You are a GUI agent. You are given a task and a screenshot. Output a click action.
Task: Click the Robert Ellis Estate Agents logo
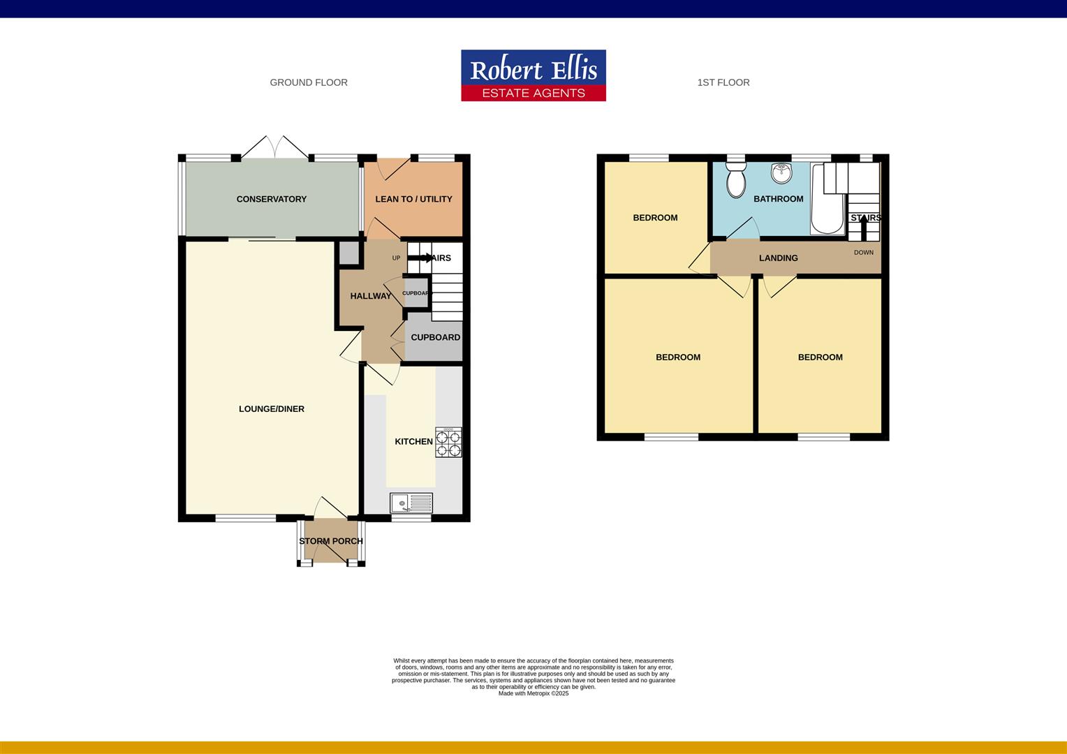(533, 75)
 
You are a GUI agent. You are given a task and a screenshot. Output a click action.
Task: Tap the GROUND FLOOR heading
(309, 82)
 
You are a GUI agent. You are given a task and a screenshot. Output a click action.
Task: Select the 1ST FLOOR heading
(723, 82)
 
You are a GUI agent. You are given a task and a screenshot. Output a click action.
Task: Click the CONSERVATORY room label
(271, 199)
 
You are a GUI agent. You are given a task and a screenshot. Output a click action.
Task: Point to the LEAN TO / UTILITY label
(413, 199)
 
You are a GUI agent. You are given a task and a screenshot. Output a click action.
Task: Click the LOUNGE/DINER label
(272, 409)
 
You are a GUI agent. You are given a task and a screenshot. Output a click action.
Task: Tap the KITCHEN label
(413, 441)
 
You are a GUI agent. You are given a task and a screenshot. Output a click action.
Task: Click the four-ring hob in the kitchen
(448, 443)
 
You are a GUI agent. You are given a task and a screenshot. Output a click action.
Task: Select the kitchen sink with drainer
(411, 503)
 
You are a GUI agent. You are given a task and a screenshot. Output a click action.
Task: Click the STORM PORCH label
(331, 541)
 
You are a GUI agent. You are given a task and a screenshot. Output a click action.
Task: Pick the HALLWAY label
(371, 296)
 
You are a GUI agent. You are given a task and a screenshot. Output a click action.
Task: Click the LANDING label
(778, 258)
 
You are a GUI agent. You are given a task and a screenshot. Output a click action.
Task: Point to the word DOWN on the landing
(864, 253)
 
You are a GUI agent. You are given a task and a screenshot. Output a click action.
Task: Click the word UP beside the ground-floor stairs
(396, 258)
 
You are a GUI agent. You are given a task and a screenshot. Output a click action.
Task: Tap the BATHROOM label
(778, 199)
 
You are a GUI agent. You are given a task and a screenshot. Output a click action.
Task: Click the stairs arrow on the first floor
(865, 226)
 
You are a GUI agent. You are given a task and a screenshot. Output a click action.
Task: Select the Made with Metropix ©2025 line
(533, 693)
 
